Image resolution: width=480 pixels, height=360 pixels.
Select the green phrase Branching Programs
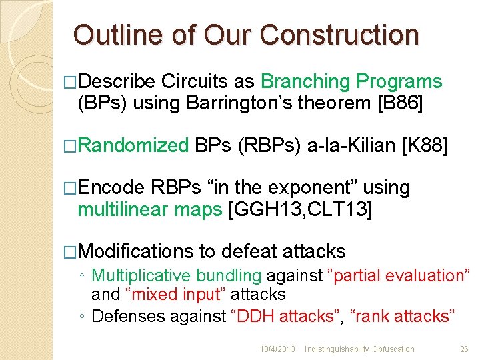click(351, 82)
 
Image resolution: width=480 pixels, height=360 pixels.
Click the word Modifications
click(135, 251)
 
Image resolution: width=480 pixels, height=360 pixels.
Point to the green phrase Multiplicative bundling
click(176, 275)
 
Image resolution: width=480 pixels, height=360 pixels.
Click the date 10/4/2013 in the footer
click(277, 349)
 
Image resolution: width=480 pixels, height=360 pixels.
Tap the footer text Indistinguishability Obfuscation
click(359, 349)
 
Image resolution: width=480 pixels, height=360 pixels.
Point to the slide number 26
click(464, 349)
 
